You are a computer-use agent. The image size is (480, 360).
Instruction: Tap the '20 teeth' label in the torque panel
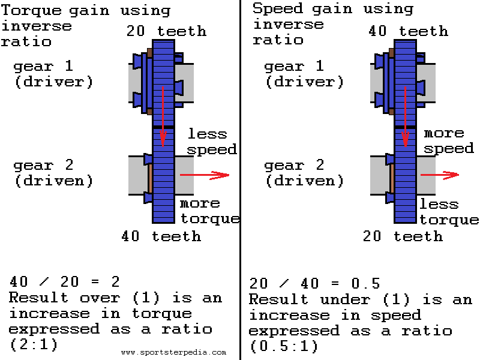pyautogui.click(x=166, y=31)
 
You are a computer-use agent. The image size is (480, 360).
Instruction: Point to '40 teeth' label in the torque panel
pyautogui.click(x=161, y=236)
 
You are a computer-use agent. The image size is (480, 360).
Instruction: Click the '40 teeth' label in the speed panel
pyautogui.click(x=408, y=31)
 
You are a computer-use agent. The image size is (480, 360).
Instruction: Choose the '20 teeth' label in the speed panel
pyautogui.click(x=403, y=236)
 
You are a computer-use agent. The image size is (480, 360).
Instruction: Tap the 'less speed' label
pyautogui.click(x=212, y=141)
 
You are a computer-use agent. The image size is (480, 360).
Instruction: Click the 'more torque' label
pyautogui.click(x=209, y=211)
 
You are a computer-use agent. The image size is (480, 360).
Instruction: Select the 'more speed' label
pyautogui.click(x=449, y=140)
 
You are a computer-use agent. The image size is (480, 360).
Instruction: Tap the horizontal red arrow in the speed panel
pyautogui.click(x=439, y=175)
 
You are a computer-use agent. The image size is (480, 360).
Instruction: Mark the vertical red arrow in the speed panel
pyautogui.click(x=406, y=117)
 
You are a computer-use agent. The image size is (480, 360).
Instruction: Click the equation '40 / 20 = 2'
pyautogui.click(x=65, y=281)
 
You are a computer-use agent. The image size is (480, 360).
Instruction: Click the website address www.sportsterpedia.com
pyautogui.click(x=173, y=353)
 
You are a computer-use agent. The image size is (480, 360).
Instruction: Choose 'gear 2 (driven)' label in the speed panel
pyautogui.click(x=304, y=173)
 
